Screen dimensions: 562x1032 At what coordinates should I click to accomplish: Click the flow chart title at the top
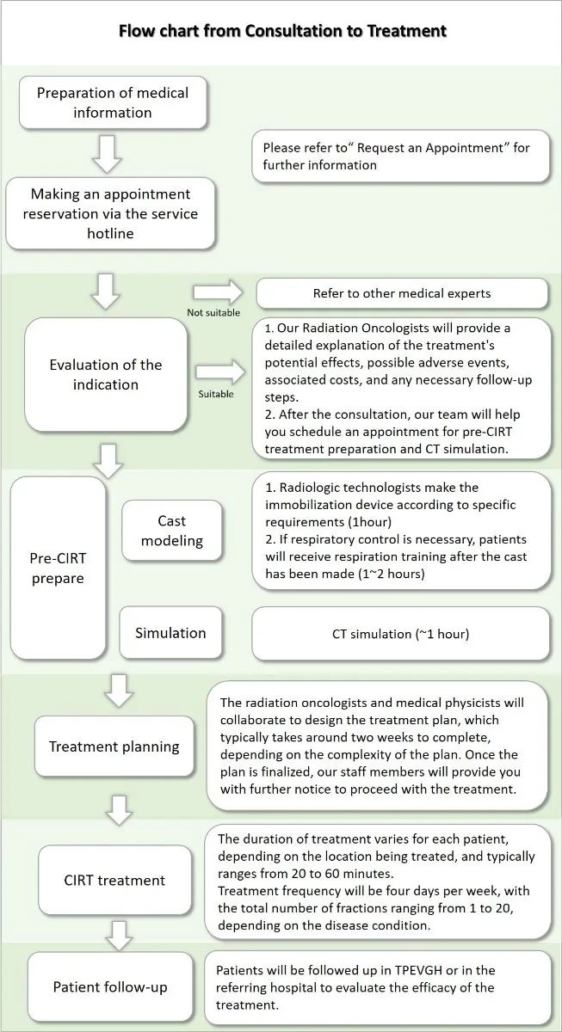282,31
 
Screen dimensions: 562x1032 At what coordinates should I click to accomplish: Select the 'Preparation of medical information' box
113,102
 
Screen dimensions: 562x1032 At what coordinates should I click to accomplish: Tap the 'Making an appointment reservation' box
110,213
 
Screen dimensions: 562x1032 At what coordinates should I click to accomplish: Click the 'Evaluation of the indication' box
106,375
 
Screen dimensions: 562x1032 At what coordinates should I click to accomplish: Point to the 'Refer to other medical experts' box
402,293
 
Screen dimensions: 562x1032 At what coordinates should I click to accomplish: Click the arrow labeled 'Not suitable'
218,292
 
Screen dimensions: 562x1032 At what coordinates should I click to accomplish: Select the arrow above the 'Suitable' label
220,372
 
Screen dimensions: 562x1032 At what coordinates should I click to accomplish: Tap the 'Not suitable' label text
213,312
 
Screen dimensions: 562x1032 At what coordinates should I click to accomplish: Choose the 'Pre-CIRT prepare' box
58,568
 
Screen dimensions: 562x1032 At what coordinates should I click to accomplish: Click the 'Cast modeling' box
171,531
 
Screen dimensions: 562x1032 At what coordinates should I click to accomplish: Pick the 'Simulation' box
170,633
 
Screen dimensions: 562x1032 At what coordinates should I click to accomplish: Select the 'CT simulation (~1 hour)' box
401,634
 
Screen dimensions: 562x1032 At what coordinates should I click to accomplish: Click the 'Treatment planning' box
114,746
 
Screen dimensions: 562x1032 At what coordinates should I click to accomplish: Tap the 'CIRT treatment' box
114,880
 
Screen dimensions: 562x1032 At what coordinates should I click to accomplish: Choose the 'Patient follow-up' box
109,987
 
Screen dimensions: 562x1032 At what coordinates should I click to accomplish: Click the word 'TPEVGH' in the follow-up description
418,970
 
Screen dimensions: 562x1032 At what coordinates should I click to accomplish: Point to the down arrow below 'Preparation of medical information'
108,154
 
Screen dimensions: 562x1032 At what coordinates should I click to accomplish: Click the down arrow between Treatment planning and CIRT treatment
120,810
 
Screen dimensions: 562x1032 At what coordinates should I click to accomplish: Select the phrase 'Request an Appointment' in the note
430,147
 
